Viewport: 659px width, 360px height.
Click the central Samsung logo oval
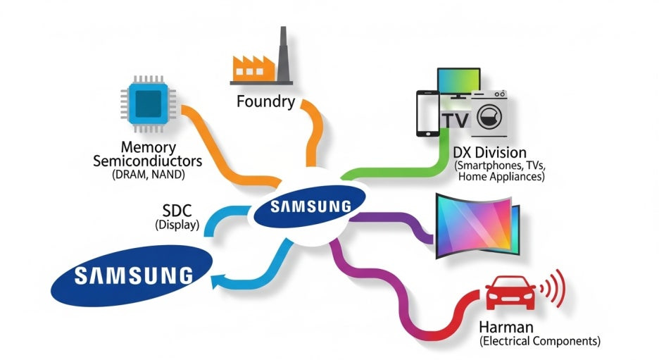310,207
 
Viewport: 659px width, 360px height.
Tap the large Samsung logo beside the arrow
132,275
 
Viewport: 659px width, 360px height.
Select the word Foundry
266,102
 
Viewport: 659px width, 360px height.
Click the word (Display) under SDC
177,225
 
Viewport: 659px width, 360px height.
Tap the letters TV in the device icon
456,120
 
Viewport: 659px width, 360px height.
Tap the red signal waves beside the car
558,289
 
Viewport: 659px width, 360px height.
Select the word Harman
505,327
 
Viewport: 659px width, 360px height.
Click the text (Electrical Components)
540,342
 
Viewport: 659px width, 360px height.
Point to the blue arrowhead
218,282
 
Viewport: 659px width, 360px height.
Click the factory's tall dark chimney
284,54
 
